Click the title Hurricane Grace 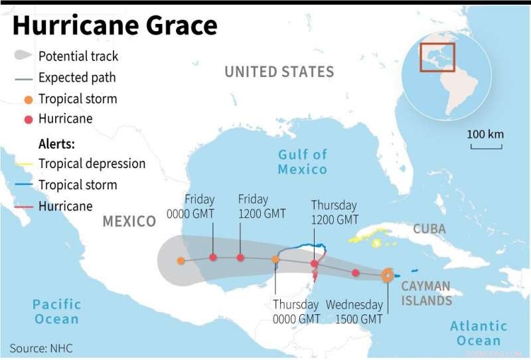[x=114, y=26]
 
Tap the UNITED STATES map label [x=279, y=72]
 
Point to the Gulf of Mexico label [x=303, y=161]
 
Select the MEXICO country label [x=129, y=221]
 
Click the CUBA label [x=429, y=229]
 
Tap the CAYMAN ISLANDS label [x=426, y=293]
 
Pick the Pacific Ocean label [x=56, y=312]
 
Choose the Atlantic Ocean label [x=479, y=333]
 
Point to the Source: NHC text [x=41, y=348]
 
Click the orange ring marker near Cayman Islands [x=388, y=276]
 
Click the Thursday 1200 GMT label [x=334, y=213]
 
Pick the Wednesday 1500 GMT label [x=354, y=312]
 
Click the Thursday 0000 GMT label [x=296, y=312]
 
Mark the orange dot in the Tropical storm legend [x=29, y=100]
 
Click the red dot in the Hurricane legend [x=29, y=120]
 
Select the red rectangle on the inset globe [x=437, y=57]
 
